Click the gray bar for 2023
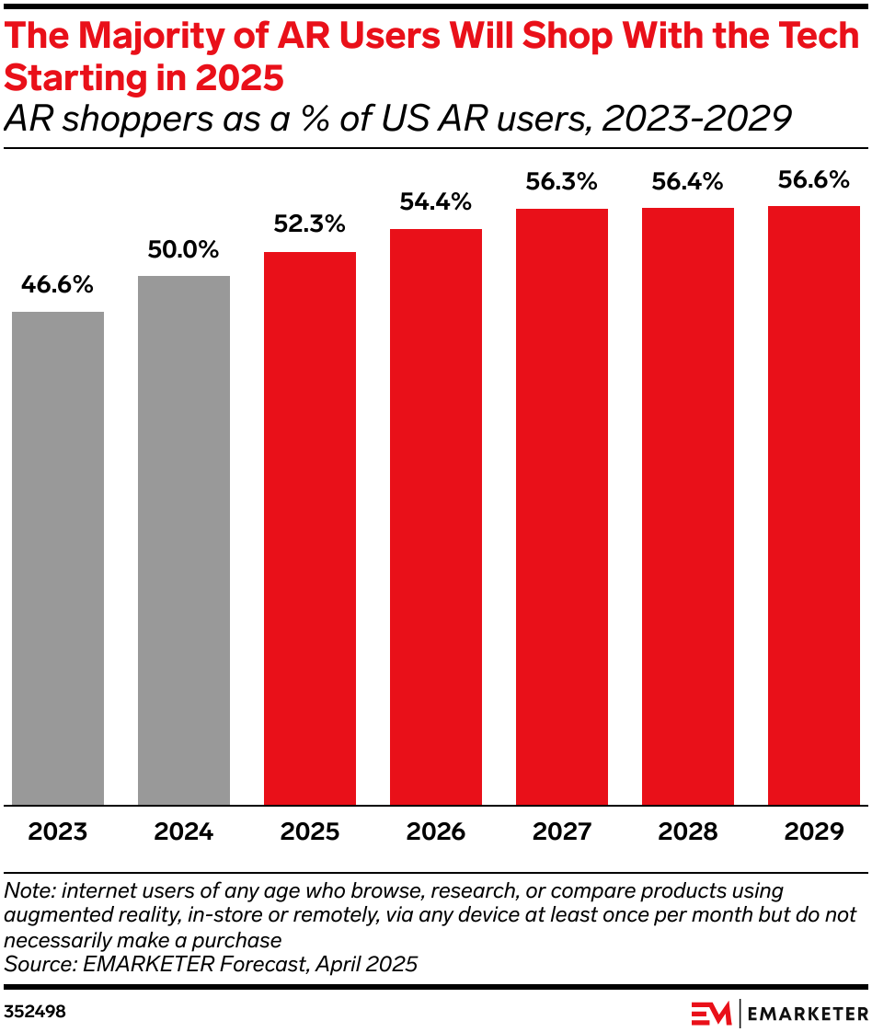tap(58, 558)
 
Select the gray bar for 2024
tap(184, 541)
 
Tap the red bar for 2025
tap(310, 529)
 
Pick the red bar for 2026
tap(436, 517)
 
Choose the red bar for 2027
tap(562, 507)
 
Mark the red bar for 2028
tap(688, 507)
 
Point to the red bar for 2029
tap(814, 506)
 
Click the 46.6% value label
tap(58, 285)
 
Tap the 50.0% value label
tap(184, 249)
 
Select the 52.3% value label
tap(310, 224)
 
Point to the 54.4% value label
tap(436, 201)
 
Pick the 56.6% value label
tap(814, 179)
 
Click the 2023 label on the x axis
tap(58, 832)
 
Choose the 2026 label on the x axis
tap(436, 832)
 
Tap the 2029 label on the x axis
tap(814, 832)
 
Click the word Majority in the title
tap(164, 37)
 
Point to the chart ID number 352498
tap(34, 1012)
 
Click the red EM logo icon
tap(711, 1013)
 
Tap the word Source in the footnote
tap(34, 964)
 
